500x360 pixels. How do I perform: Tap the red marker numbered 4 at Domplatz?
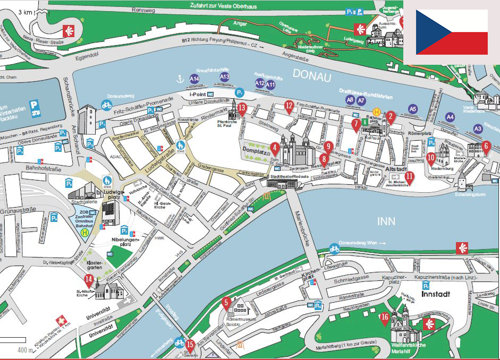pyautogui.click(x=275, y=148)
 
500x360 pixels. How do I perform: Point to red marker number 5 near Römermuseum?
pyautogui.click(x=226, y=304)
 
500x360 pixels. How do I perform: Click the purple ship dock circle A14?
pyautogui.click(x=194, y=79)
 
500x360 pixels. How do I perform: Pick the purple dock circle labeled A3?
pyautogui.click(x=478, y=128)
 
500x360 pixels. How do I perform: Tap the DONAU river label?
pyautogui.click(x=311, y=76)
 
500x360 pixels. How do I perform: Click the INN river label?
pyautogui.click(x=386, y=220)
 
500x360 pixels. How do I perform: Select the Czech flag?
pyautogui.click(x=452, y=32)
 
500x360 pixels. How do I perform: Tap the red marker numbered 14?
pyautogui.click(x=89, y=281)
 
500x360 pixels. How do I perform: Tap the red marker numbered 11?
pyautogui.click(x=409, y=178)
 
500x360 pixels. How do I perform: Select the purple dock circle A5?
pyautogui.click(x=413, y=109)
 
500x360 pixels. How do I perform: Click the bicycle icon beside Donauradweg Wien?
pyautogui.click(x=334, y=248)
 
